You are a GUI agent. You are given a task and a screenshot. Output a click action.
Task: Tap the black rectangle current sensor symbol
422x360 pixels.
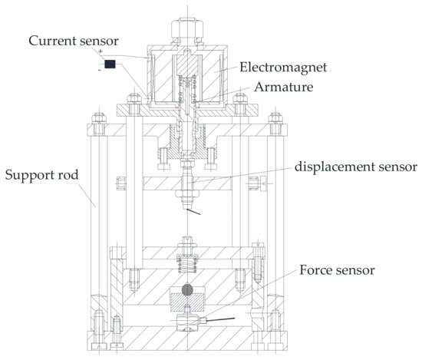pyautogui.click(x=110, y=64)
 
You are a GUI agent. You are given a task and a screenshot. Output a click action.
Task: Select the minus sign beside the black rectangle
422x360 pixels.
pyautogui.click(x=99, y=69)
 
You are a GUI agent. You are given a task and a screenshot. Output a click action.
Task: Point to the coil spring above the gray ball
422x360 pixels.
pyautogui.click(x=186, y=267)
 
